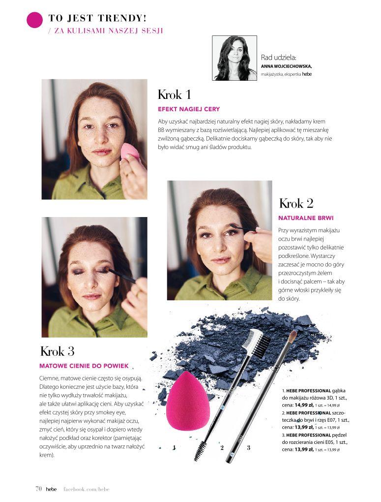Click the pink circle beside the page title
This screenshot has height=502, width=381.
(x=34, y=20)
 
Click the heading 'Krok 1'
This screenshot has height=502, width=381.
(x=175, y=95)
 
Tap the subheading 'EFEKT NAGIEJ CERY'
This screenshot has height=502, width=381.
(x=189, y=109)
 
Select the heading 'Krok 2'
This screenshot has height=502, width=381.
(x=296, y=204)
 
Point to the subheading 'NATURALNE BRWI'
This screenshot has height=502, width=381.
(x=306, y=218)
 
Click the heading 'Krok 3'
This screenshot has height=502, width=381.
(x=57, y=351)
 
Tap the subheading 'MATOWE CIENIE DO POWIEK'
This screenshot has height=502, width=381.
(x=84, y=366)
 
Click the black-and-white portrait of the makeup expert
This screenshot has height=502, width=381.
(x=234, y=58)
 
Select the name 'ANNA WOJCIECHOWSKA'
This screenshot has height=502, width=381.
(x=286, y=66)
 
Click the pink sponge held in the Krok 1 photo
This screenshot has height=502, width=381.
(x=130, y=152)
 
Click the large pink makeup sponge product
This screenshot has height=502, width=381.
(x=188, y=401)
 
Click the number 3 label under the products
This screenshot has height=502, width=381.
(x=248, y=447)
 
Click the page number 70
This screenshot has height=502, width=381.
(x=38, y=489)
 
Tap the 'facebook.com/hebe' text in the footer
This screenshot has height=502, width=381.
(x=87, y=489)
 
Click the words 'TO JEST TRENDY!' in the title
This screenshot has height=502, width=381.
(x=97, y=18)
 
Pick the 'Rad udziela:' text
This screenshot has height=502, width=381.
(x=279, y=58)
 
